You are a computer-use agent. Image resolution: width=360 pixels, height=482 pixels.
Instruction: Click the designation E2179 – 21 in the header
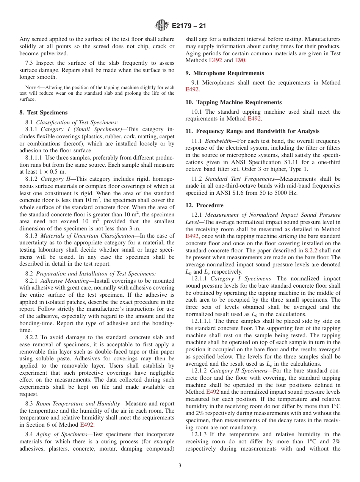pyautogui.click(x=189, y=26)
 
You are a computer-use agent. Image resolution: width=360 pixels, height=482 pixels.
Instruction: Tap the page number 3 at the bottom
pyautogui.click(x=180, y=465)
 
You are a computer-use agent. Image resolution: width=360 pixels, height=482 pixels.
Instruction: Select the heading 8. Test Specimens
pyautogui.click(x=44, y=113)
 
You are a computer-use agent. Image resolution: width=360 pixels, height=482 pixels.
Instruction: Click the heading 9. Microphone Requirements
pyautogui.click(x=225, y=73)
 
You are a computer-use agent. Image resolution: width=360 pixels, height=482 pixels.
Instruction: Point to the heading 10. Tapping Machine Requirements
pyautogui.click(x=233, y=102)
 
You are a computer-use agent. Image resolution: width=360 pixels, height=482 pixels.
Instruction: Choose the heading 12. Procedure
pyautogui.click(x=205, y=205)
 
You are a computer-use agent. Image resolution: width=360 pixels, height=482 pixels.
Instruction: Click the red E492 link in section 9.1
pyautogui.click(x=192, y=89)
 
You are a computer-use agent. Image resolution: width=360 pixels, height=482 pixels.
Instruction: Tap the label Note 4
pyautogui.click(x=27, y=88)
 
